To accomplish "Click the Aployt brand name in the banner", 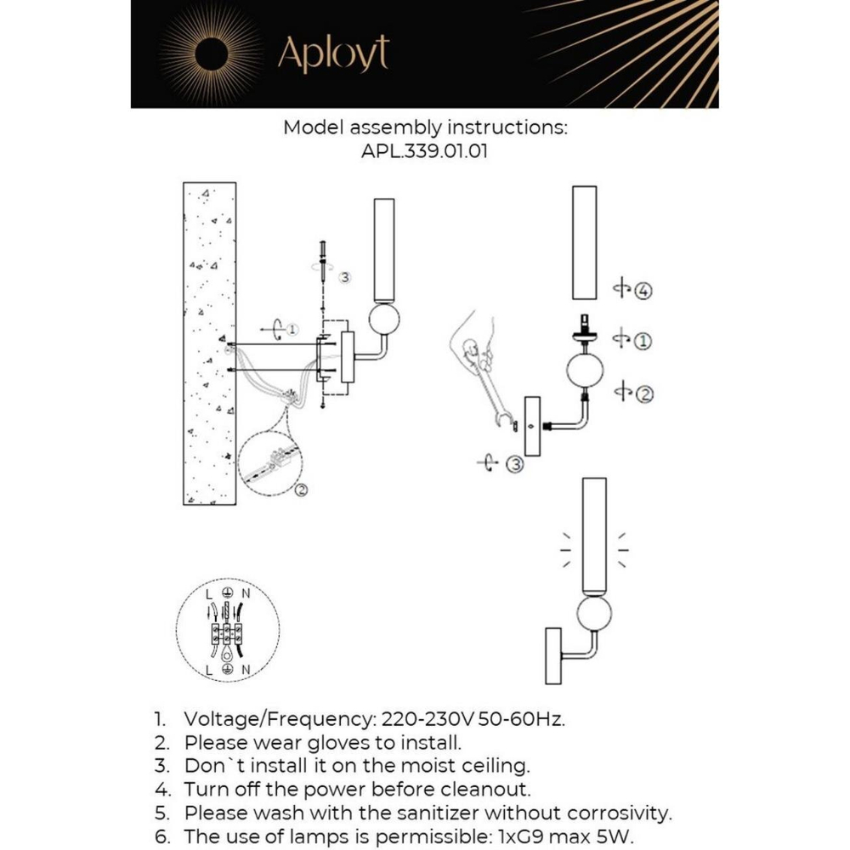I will pyautogui.click(x=332, y=54).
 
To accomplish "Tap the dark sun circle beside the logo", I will pyautogui.click(x=211, y=54).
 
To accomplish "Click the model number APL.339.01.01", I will pyautogui.click(x=424, y=152).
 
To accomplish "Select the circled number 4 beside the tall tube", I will pyautogui.click(x=644, y=292).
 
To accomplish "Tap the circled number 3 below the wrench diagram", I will pyautogui.click(x=514, y=464).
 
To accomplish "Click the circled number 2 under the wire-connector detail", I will pyautogui.click(x=301, y=490).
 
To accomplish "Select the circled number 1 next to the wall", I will pyautogui.click(x=292, y=329).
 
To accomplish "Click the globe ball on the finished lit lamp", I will pyautogui.click(x=592, y=613).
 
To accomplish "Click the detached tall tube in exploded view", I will pyautogui.click(x=584, y=241).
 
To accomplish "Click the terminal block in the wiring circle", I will pyautogui.click(x=226, y=633).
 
